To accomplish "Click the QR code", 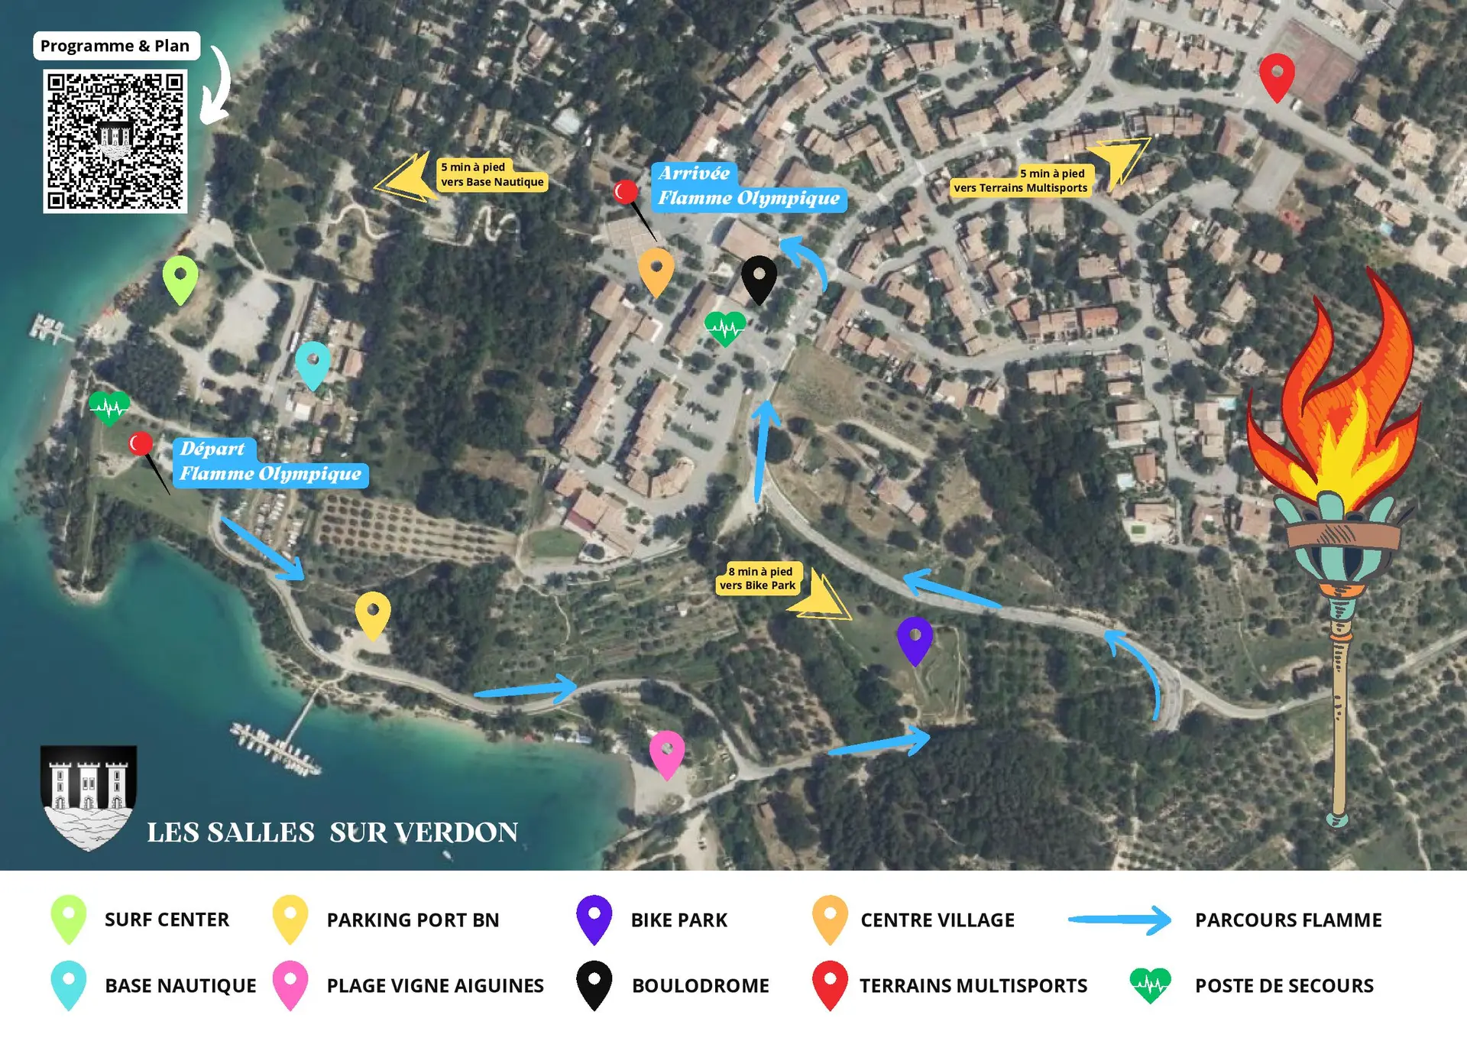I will (x=115, y=141).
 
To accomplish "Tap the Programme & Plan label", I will (x=115, y=46).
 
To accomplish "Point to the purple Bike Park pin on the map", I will (x=915, y=638).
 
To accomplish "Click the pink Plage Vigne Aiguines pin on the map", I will (x=667, y=752).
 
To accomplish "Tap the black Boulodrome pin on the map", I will (x=759, y=277).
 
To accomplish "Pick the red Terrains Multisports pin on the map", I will (x=1277, y=75).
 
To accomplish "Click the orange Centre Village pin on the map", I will (x=656, y=270).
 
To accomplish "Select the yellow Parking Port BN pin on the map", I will (x=373, y=613).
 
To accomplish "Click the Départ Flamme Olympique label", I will (x=270, y=462).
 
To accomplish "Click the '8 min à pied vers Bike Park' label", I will (x=759, y=579).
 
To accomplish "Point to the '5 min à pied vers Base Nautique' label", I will (x=492, y=174).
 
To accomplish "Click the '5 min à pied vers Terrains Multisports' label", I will (x=1021, y=181).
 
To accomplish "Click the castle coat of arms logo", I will (x=89, y=796).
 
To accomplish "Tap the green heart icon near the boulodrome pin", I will (x=724, y=329).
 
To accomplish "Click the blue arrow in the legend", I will (x=1119, y=920).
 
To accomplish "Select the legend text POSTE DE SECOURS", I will (x=1284, y=986).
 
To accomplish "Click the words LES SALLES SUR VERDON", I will (x=332, y=832).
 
